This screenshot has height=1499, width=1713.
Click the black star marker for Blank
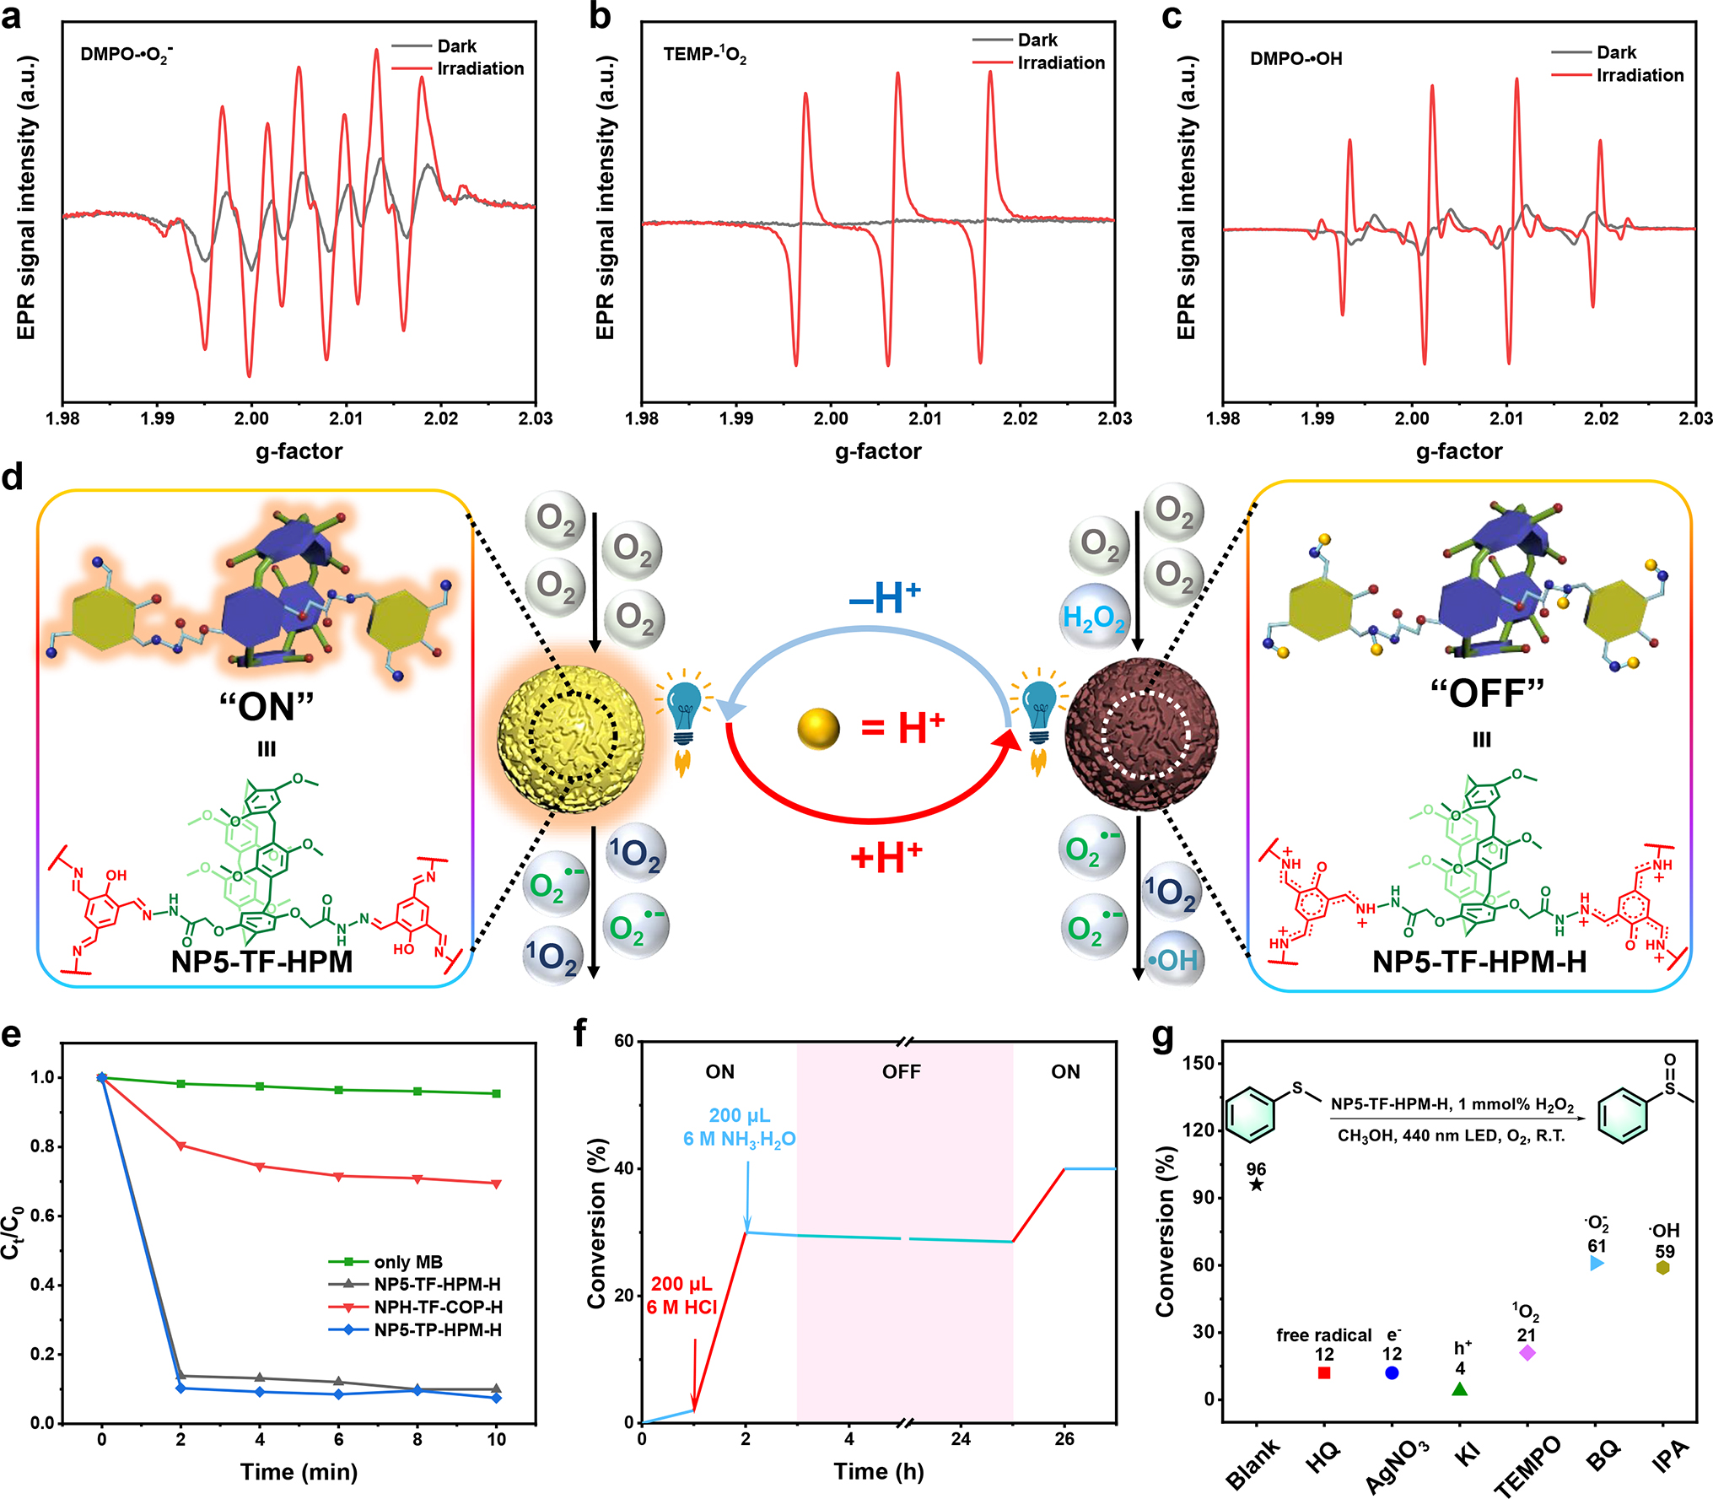click(x=1256, y=1185)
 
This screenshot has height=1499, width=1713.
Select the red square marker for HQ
click(x=1324, y=1372)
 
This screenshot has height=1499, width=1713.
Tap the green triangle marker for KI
click(x=1460, y=1388)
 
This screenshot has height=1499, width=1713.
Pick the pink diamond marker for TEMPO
click(x=1527, y=1353)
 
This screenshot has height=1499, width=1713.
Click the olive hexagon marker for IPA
click(x=1663, y=1267)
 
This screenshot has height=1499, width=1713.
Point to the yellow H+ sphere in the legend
click(x=818, y=729)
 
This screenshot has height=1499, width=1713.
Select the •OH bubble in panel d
click(x=1173, y=960)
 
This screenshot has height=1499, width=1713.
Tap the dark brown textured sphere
click(x=1142, y=736)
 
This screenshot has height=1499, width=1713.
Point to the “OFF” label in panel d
click(x=1486, y=693)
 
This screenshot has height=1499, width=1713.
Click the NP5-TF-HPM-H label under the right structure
click(x=1479, y=962)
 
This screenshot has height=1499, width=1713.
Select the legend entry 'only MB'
click(x=408, y=1262)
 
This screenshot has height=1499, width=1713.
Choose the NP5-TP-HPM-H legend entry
click(x=437, y=1330)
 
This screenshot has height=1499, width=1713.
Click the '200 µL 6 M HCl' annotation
click(x=681, y=1296)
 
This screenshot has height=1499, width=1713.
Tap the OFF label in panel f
click(x=901, y=1071)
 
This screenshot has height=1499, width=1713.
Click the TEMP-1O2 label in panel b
click(x=704, y=55)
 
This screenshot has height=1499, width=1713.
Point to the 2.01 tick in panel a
click(x=346, y=418)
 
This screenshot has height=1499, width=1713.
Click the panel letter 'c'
click(x=1172, y=17)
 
